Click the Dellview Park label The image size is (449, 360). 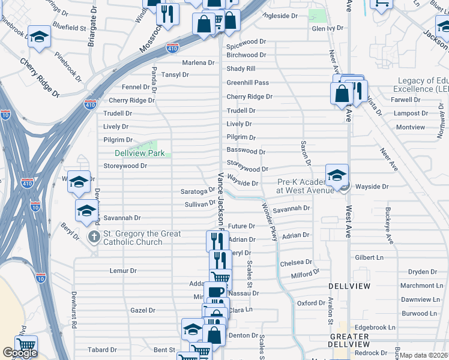tap(139, 153)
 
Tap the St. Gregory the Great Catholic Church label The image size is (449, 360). tap(133, 238)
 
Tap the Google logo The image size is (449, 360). tap(20, 353)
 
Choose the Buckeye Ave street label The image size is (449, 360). tap(389, 226)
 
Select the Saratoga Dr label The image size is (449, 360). tap(197, 191)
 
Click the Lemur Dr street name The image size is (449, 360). tap(124, 271)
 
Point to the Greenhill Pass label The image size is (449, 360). tap(247, 82)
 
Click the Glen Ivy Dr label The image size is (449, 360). tap(328, 28)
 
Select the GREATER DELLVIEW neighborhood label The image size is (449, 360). tap(349, 340)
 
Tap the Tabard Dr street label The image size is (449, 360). tap(102, 350)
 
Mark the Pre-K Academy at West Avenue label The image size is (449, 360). tap(303, 186)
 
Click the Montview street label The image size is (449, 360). tap(410, 127)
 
